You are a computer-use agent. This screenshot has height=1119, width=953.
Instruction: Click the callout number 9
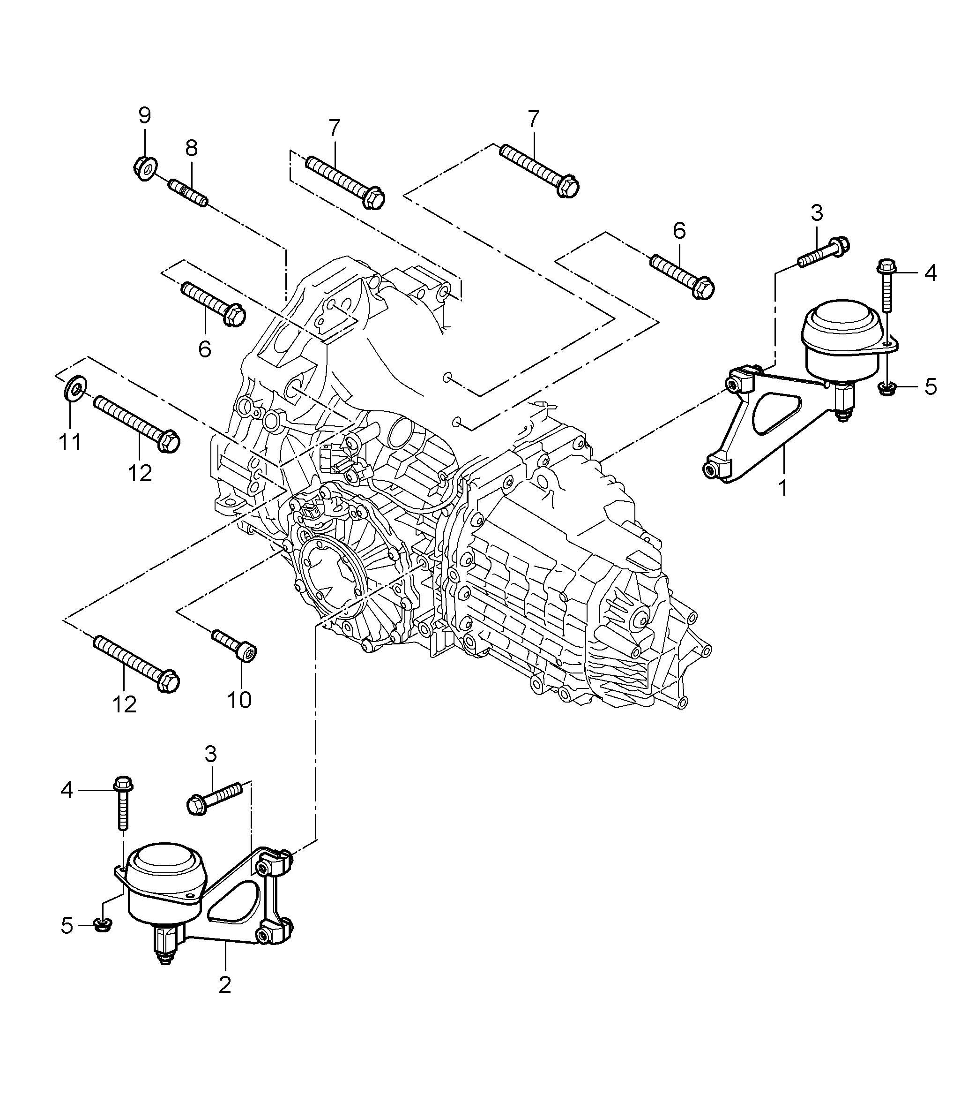[x=145, y=115]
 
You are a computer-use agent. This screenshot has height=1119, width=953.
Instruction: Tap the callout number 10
[x=239, y=701]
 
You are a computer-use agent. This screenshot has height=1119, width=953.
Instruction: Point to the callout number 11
[x=70, y=442]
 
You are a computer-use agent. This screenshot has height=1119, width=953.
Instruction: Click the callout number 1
[x=782, y=488]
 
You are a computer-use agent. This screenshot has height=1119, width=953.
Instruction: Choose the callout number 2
[x=225, y=1000]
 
